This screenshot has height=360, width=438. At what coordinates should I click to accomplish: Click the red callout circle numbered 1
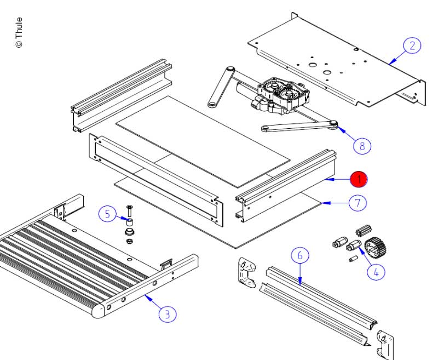(359, 179)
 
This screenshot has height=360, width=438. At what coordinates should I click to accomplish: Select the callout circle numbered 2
(412, 45)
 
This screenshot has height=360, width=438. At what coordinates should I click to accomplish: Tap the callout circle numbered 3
(167, 313)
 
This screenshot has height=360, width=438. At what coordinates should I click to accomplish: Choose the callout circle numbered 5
(107, 214)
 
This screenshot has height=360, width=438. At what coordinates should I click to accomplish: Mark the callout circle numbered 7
(357, 203)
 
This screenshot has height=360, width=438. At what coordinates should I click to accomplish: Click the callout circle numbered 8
(362, 146)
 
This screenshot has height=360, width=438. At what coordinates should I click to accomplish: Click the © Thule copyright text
(19, 32)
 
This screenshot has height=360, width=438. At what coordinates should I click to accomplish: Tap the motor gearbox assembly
(279, 96)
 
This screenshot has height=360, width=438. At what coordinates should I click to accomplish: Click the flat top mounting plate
(334, 60)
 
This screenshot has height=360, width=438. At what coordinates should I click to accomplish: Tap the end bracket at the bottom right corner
(387, 342)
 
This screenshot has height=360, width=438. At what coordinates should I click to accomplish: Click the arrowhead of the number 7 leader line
(323, 203)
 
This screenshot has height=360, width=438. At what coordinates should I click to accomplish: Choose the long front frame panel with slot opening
(156, 181)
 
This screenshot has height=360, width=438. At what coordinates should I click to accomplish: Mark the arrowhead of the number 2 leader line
(390, 64)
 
